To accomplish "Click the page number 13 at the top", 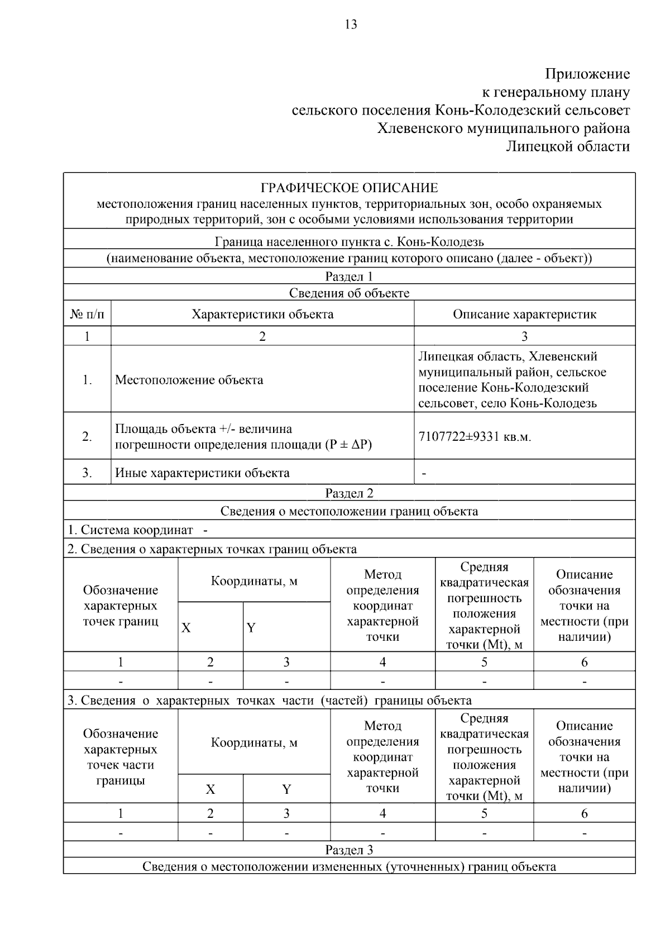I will [351, 25].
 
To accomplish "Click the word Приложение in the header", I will [587, 74].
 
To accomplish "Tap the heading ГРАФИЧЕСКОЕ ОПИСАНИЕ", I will [350, 188].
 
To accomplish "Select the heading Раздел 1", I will [349, 277].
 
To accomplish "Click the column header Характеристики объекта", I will [262, 314].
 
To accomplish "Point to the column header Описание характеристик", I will [524, 314].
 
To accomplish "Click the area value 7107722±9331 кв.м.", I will [475, 437].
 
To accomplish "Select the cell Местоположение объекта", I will [189, 380].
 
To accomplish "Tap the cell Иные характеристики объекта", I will [202, 473].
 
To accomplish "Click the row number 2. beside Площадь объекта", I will [87, 437].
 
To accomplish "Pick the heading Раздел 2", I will [349, 493].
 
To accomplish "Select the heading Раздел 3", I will [349, 850].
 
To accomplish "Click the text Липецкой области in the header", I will [568, 146].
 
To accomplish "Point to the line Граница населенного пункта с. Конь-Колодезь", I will [349, 242].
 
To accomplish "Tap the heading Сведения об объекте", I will [349, 293].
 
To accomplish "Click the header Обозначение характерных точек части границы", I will [121, 757].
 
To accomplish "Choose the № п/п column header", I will [87, 314].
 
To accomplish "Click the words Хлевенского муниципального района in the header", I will [504, 128].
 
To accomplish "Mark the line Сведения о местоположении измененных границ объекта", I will [349, 867].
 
